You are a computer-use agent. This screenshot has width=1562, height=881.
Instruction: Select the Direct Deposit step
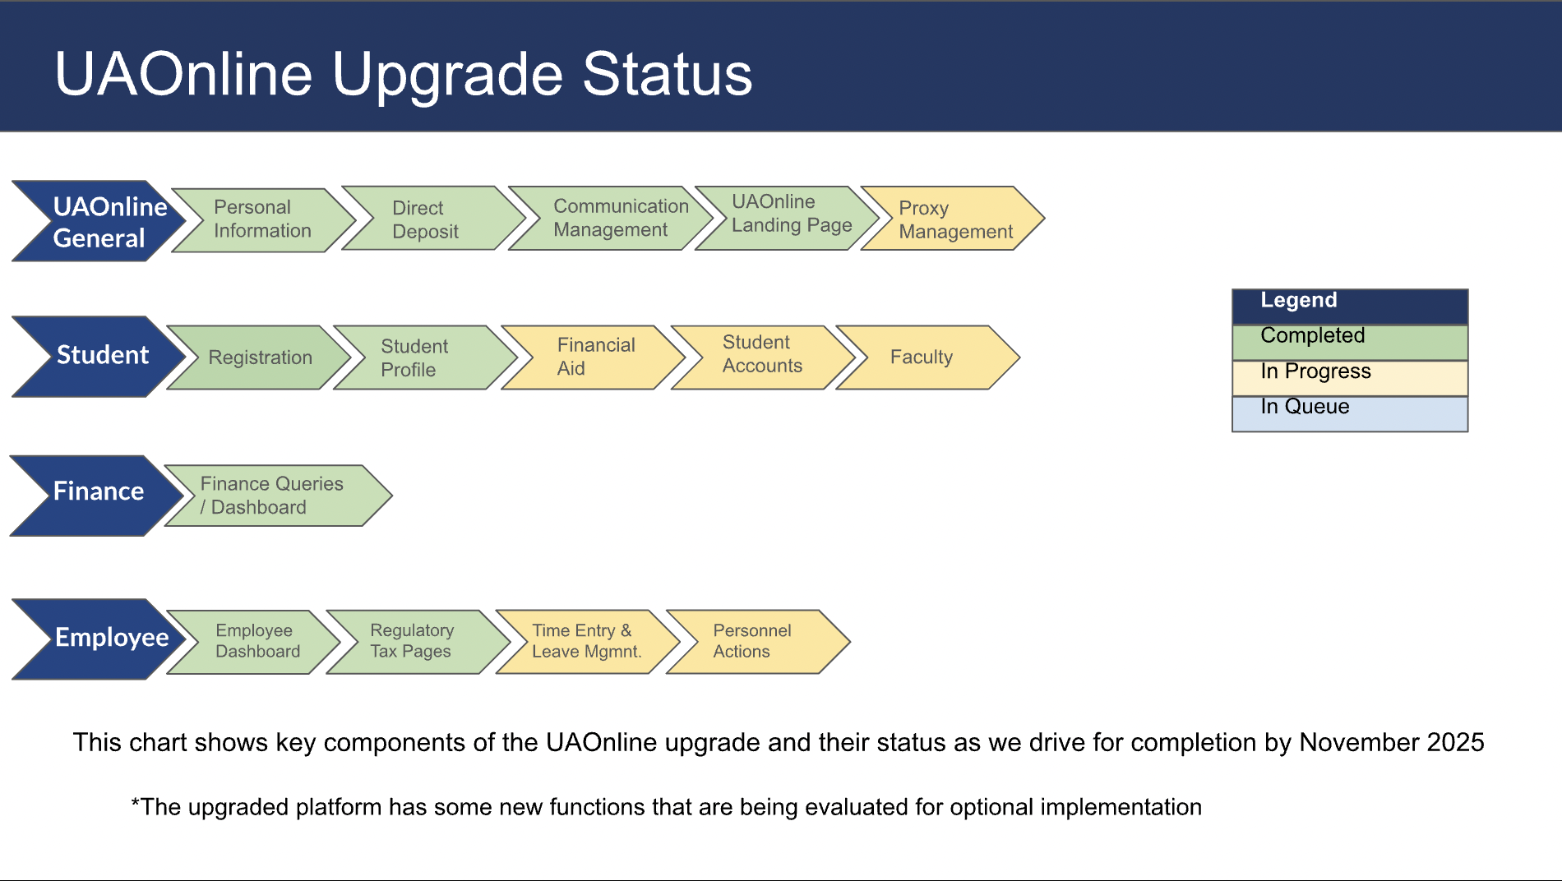point(427,219)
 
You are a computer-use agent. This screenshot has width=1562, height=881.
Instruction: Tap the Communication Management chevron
point(612,219)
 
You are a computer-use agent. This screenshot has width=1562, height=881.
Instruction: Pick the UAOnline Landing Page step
point(789,215)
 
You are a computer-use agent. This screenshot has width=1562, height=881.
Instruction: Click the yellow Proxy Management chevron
point(954,219)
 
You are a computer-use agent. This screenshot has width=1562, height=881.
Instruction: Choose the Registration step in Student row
point(260,357)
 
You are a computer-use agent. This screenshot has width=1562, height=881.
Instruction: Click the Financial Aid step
point(592,357)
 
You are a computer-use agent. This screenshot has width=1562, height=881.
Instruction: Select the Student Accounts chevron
point(760,355)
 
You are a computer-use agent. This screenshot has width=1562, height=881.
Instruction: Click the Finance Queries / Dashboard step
point(271,496)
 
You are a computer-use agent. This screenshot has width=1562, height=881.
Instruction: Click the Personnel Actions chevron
point(752,641)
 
